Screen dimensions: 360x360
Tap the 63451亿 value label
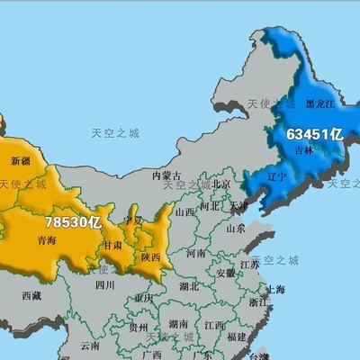pos(315,134)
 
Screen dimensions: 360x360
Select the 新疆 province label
pos(22,160)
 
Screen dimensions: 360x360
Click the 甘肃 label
pos(113,244)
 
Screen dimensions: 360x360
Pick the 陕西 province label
pos(151,256)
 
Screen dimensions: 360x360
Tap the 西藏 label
pos(31,294)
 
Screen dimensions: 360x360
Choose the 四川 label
pos(104,285)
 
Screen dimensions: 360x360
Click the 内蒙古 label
pos(166,175)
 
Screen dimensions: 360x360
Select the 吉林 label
pos(305,150)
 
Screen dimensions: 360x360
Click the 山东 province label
pos(236,229)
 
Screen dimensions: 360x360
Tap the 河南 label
pos(195,255)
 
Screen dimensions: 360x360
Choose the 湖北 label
pos(189,287)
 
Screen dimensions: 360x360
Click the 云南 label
pos(90,345)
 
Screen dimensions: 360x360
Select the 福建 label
pos(238,337)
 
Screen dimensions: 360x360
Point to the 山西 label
pos(184,212)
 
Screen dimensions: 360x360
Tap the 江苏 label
pos(249,265)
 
